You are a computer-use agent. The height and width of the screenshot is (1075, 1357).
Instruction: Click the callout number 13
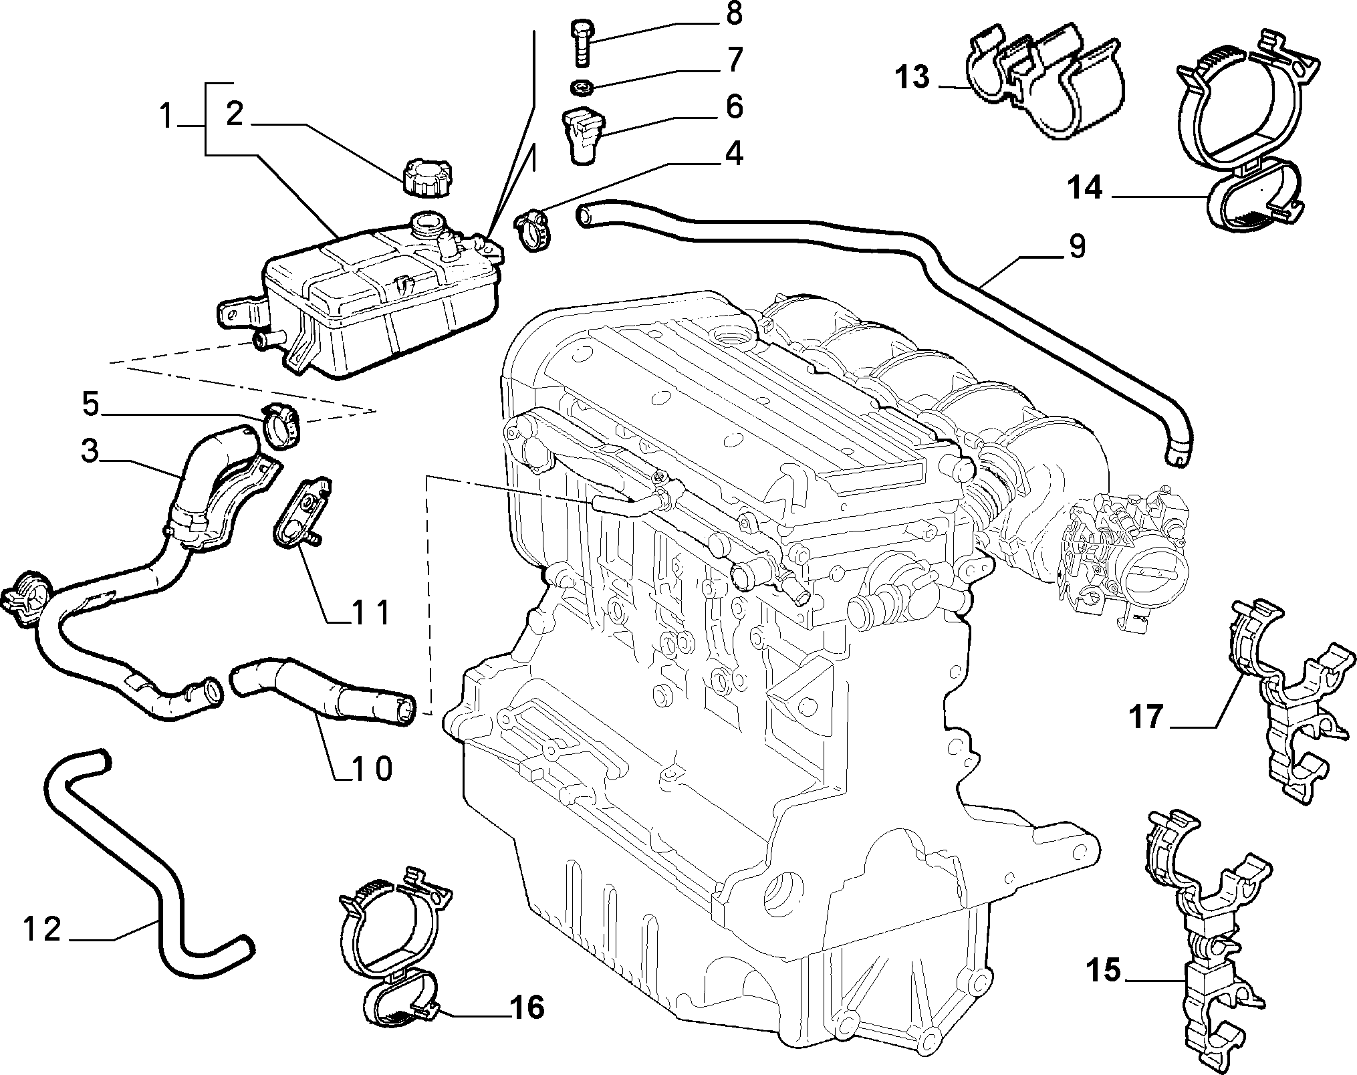click(914, 78)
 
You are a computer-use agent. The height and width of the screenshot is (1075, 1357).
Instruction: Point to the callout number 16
click(526, 1007)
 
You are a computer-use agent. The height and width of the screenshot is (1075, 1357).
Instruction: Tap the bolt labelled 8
click(581, 43)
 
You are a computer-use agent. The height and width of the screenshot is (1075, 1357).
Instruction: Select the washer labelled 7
click(582, 86)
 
